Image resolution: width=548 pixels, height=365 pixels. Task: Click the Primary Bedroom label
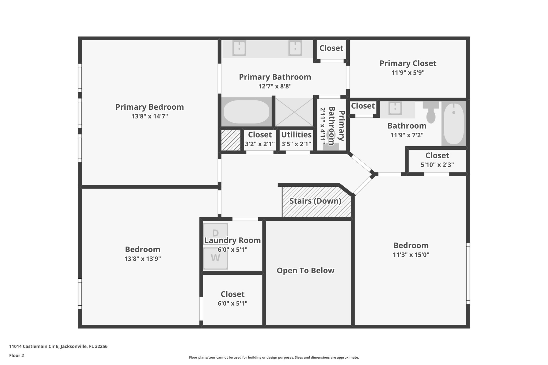coord(150,107)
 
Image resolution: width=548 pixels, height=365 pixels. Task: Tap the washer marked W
coord(215,258)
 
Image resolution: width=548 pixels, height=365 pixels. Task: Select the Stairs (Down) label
coord(315,201)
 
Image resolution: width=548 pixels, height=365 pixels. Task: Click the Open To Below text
coord(305,271)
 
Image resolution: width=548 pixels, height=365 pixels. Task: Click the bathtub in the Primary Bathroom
coord(246,112)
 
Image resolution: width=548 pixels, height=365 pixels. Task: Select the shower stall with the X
coord(294,112)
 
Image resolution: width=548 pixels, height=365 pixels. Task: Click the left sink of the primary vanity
coord(239,48)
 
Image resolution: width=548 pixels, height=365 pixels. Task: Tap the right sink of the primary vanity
coord(295,48)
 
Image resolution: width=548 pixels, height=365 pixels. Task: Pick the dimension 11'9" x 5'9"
coord(408,72)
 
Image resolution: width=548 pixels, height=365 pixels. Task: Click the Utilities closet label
coord(296,135)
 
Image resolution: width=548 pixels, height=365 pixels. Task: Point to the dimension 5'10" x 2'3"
coord(437,165)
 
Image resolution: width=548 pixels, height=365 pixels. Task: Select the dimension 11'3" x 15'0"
coord(411,255)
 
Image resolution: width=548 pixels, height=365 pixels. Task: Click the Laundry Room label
coord(233,240)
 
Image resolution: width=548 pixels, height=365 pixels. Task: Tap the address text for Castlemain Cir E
coord(58,346)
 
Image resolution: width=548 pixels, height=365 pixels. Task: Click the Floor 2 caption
coord(17,355)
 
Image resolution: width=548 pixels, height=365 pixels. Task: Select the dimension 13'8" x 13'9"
coord(142,259)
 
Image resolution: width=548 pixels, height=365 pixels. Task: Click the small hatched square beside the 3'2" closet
coord(231,140)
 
